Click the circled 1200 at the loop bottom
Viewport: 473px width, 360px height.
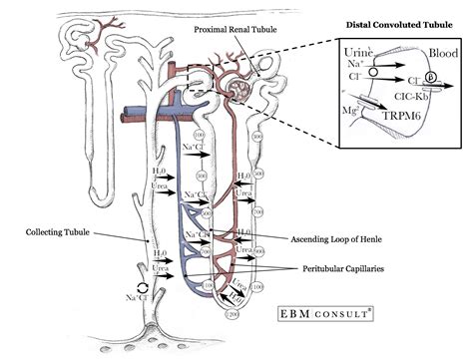tap(234, 313)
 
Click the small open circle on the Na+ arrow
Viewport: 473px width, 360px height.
tap(370, 72)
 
